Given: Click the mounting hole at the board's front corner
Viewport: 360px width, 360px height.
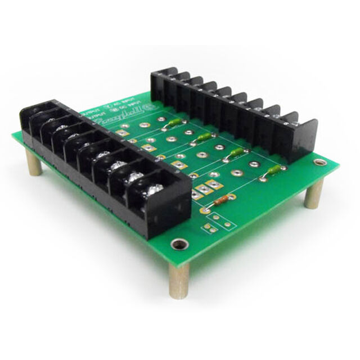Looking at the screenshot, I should click(180, 244).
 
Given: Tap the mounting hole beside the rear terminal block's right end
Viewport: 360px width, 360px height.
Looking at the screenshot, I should click(321, 163).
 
